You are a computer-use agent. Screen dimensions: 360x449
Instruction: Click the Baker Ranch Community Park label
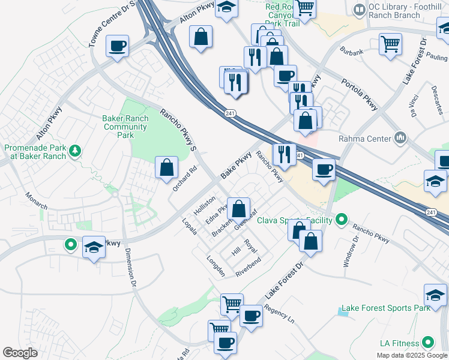tap(125, 127)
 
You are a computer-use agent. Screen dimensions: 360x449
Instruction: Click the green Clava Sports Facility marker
tap(342, 220)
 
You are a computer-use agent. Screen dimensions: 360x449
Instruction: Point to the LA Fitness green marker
tap(428, 343)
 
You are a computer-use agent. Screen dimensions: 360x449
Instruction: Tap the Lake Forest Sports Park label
tap(385, 308)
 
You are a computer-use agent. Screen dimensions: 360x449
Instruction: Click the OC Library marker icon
tap(359, 10)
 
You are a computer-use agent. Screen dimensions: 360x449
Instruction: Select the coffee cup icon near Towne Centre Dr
tap(117, 46)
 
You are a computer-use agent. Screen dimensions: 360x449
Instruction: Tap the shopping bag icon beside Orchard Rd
tap(166, 168)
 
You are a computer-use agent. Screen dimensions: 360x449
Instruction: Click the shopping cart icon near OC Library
tap(390, 44)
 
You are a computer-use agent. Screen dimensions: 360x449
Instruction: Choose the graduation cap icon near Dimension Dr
tap(94, 247)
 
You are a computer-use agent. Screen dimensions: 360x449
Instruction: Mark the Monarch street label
tap(36, 200)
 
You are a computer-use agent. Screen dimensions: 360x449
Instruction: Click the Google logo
tap(20, 353)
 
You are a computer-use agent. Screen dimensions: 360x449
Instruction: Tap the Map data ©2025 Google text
tap(411, 355)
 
